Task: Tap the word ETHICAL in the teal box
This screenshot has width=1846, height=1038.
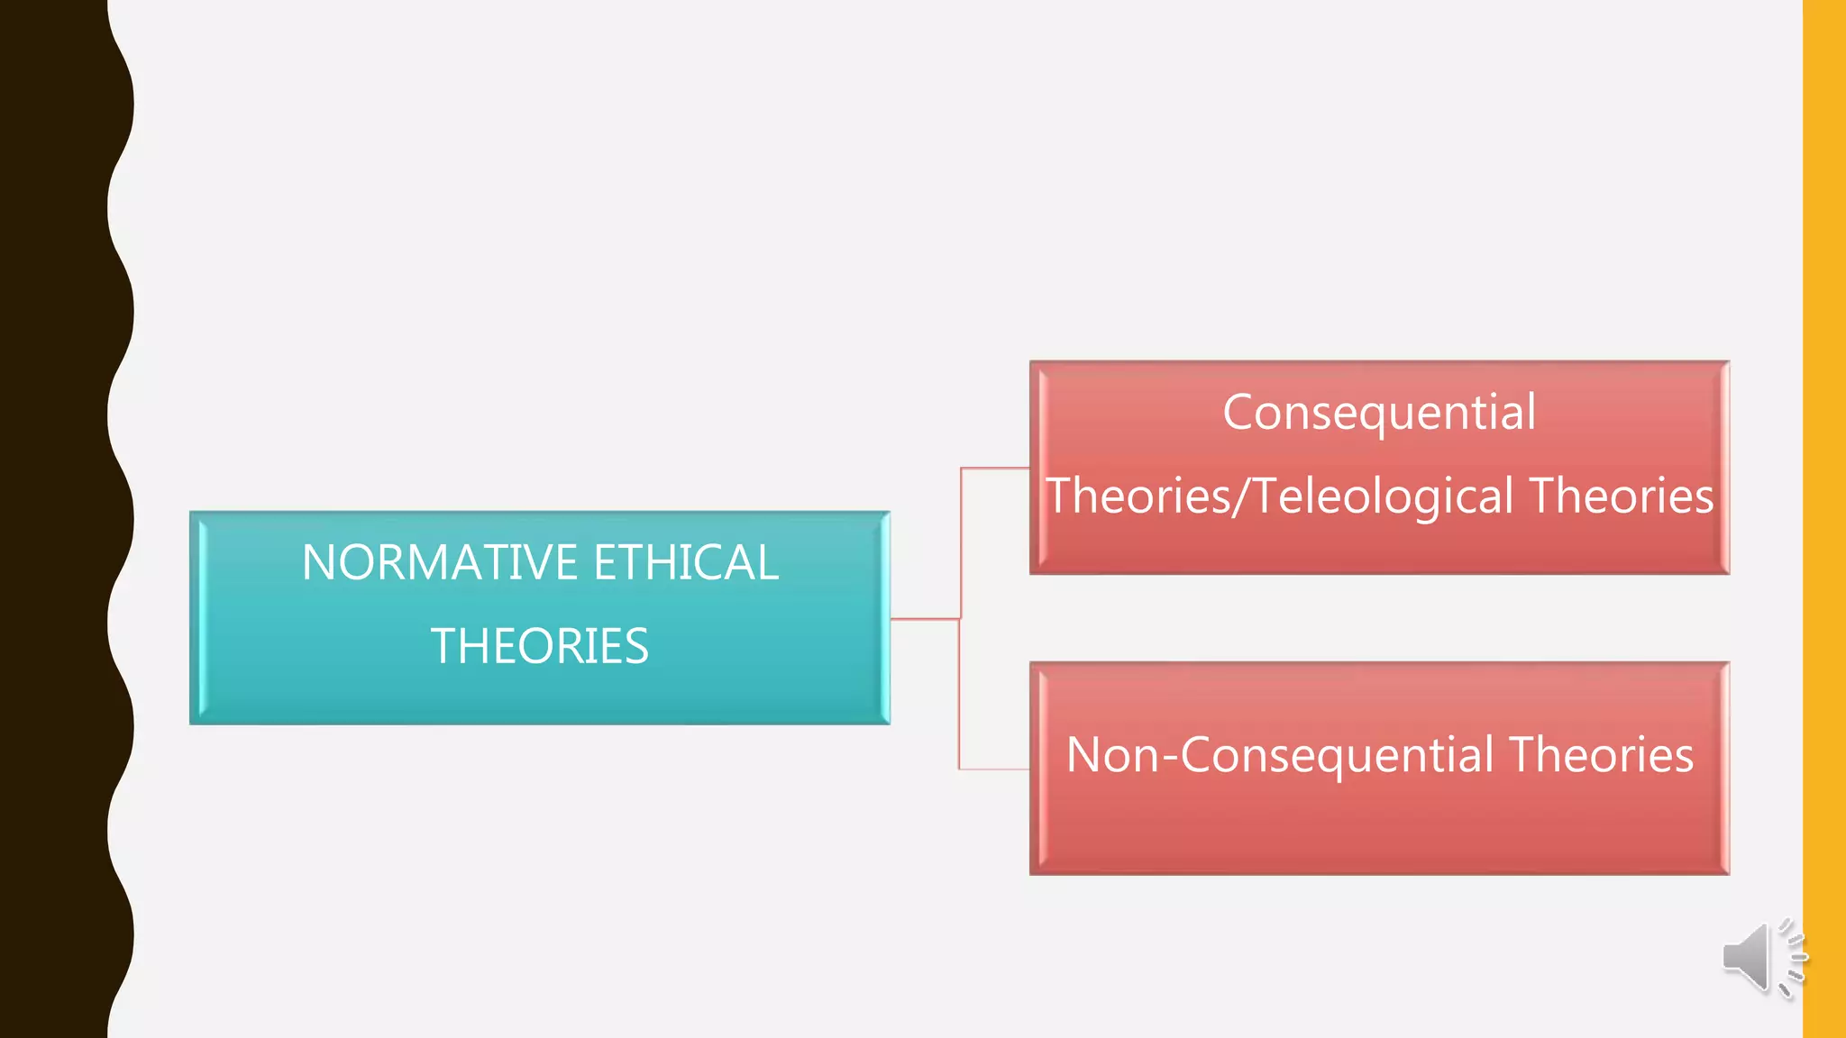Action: click(685, 562)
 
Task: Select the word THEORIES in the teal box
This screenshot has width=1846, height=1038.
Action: click(539, 646)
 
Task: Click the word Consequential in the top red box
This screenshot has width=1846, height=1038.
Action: click(1379, 413)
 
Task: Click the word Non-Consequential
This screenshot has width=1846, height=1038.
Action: click(1279, 755)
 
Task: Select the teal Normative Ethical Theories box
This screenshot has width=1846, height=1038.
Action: click(539, 694)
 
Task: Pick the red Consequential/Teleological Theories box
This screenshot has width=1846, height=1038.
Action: click(1379, 545)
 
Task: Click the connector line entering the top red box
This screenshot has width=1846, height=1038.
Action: click(995, 469)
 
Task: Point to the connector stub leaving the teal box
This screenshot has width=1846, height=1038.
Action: click(924, 619)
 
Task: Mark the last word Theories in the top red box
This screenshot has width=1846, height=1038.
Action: click(1622, 496)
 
